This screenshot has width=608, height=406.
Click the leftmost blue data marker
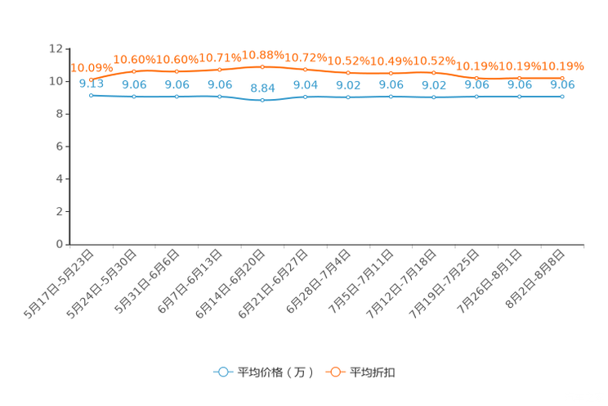(91, 95)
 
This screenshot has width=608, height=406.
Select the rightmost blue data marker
(561, 97)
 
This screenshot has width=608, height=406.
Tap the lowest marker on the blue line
(262, 100)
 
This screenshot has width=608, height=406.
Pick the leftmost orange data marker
(91, 79)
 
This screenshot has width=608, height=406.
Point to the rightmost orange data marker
(561, 77)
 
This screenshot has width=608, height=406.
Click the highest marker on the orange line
(262, 67)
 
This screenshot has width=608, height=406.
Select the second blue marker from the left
(133, 97)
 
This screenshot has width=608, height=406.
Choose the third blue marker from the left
(177, 97)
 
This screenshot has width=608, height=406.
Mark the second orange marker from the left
(133, 71)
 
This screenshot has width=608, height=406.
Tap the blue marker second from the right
(519, 97)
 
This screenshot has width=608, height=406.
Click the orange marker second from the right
(519, 77)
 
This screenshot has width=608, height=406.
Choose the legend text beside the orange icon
(374, 372)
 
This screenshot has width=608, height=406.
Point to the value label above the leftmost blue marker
(91, 83)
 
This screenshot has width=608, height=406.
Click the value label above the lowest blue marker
(262, 87)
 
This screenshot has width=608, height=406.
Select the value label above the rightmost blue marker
(562, 84)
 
